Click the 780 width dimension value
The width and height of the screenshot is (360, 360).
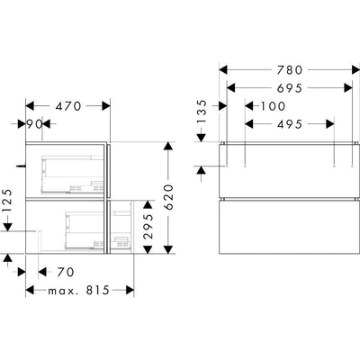(290, 70)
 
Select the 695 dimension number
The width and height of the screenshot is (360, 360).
(290, 88)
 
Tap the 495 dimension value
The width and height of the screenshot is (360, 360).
(290, 124)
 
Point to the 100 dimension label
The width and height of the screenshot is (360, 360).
(273, 106)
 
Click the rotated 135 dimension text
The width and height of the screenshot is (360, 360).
(202, 112)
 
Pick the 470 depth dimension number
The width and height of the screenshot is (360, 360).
(68, 106)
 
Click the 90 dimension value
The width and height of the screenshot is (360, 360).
(35, 124)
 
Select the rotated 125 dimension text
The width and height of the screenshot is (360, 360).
(7, 201)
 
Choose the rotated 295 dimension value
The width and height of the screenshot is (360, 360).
(148, 227)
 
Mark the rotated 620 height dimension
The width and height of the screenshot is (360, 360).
(168, 197)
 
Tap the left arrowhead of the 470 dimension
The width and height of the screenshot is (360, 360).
(31, 106)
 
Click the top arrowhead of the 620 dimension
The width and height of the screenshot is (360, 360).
(168, 147)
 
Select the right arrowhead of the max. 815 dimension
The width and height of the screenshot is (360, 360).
(130, 290)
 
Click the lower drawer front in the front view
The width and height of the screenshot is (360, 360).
(288, 227)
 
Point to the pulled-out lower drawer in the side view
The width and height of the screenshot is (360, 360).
(121, 227)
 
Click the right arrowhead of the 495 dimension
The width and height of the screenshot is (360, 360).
(330, 124)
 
